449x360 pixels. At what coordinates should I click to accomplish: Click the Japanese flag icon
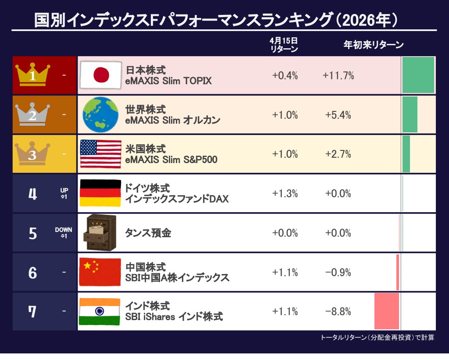101,75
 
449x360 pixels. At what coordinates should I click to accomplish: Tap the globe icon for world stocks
100,114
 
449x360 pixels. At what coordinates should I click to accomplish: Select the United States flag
100,154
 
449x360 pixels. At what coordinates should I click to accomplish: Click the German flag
100,193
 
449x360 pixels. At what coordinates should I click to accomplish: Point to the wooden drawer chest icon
100,232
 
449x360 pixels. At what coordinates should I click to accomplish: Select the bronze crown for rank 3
33,154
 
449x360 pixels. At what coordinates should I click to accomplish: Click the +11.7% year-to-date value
338,75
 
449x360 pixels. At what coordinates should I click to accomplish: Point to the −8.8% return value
338,312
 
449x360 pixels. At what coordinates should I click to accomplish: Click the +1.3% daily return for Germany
285,194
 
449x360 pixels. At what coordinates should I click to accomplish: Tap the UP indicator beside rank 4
64,193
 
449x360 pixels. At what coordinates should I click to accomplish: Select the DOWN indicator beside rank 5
64,233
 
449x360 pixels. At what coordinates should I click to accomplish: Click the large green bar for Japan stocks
418,75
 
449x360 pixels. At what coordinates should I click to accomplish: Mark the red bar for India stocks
386,311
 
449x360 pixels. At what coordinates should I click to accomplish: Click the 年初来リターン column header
373,45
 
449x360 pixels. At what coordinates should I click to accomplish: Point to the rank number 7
32,312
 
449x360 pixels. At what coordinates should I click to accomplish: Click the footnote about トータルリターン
378,338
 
